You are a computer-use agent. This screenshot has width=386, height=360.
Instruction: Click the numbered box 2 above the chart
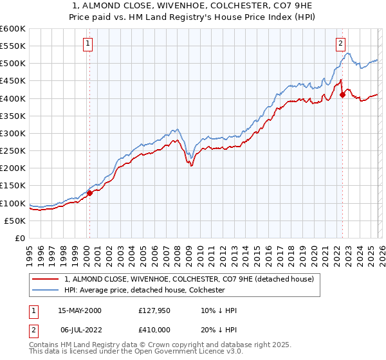click(x=340, y=44)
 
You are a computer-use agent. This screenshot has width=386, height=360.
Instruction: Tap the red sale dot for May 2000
click(x=90, y=192)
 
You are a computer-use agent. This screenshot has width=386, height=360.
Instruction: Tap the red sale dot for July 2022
click(x=342, y=94)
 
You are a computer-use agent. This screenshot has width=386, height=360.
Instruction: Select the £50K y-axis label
click(x=15, y=221)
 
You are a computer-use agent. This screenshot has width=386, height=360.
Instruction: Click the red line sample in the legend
click(x=46, y=279)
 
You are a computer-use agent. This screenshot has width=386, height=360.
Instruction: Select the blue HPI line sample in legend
click(x=46, y=290)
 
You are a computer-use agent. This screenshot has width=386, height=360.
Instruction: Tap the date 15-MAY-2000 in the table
click(x=80, y=310)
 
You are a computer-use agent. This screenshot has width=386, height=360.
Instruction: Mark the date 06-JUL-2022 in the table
click(x=80, y=330)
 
